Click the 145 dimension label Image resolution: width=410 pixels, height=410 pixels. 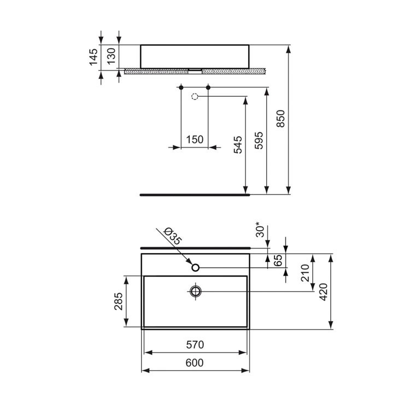coord(93,57)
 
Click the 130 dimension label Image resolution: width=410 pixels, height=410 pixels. coord(112,57)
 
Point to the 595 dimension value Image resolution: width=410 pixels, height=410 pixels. coord(259,140)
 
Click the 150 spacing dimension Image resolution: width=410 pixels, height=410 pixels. coord(195,139)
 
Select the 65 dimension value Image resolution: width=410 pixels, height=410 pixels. coord(278,261)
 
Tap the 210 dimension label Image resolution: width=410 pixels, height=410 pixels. coord(305,272)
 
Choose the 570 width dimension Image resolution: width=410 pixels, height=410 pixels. coord(195,344)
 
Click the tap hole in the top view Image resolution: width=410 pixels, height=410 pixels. coord(195,267)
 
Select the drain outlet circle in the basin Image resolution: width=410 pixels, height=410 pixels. coord(195,291)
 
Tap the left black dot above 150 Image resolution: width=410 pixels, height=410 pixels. coord(181,87)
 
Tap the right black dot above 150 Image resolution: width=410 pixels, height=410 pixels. coord(208,87)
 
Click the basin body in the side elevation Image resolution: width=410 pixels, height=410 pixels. coord(195,56)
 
